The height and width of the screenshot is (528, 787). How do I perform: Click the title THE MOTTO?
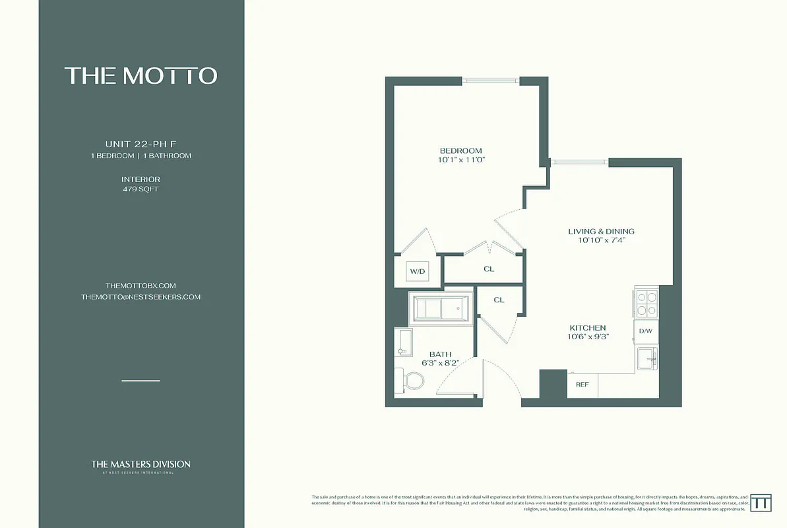(x=141, y=76)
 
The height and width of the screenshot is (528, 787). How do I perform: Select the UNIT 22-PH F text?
(x=141, y=144)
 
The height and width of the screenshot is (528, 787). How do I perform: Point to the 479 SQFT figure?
(x=141, y=189)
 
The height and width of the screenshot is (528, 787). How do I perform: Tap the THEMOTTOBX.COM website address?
(x=141, y=285)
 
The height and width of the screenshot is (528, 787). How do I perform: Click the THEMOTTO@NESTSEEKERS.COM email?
(x=141, y=297)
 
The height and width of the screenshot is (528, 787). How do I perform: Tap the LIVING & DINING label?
(x=601, y=231)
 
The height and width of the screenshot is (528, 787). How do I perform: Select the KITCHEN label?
(x=587, y=327)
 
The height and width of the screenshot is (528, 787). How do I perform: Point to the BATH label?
(x=440, y=354)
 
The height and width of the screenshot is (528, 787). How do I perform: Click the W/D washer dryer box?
(x=417, y=271)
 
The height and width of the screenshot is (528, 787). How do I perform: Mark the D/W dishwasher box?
(x=645, y=331)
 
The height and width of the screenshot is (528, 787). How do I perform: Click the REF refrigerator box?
(x=582, y=384)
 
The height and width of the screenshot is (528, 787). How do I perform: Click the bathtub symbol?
(x=441, y=308)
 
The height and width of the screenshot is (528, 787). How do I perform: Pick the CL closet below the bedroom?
(x=488, y=269)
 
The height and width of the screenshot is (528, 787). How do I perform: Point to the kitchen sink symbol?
(x=648, y=358)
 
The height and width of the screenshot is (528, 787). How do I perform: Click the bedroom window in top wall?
(x=490, y=81)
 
